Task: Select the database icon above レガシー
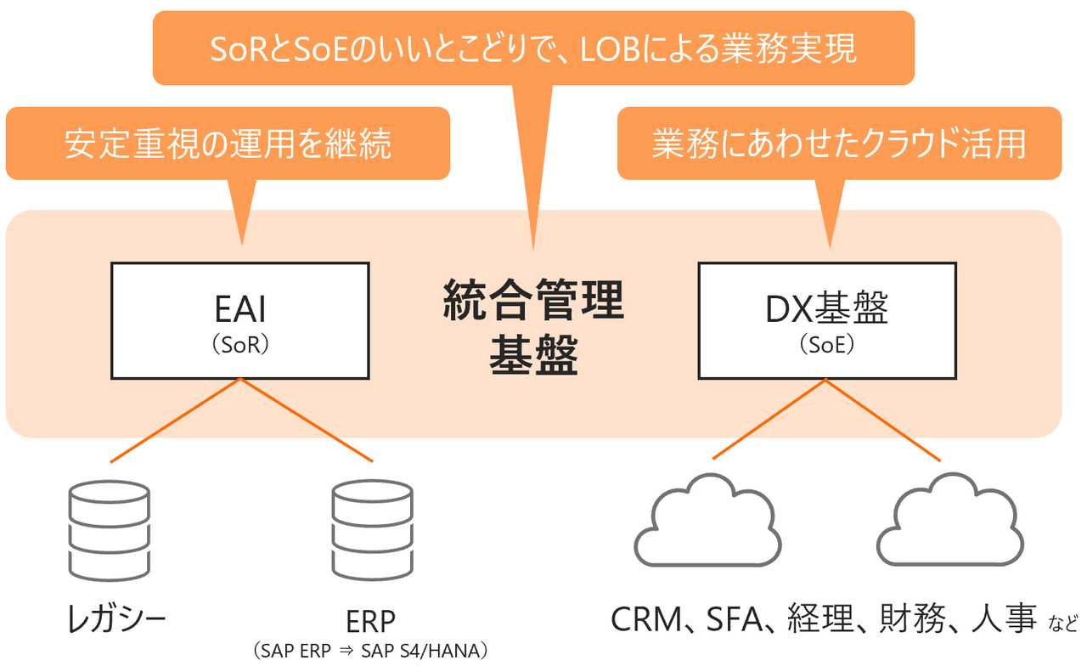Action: (x=108, y=528)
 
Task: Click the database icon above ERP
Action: (x=372, y=528)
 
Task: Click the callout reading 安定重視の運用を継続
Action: (x=228, y=144)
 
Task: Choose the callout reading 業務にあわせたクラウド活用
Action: (x=839, y=144)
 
